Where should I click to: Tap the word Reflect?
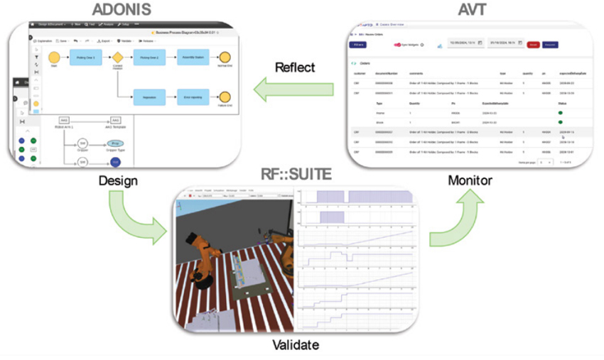tap(294, 67)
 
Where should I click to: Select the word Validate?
tap(296, 346)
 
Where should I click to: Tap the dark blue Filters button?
tap(360, 44)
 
